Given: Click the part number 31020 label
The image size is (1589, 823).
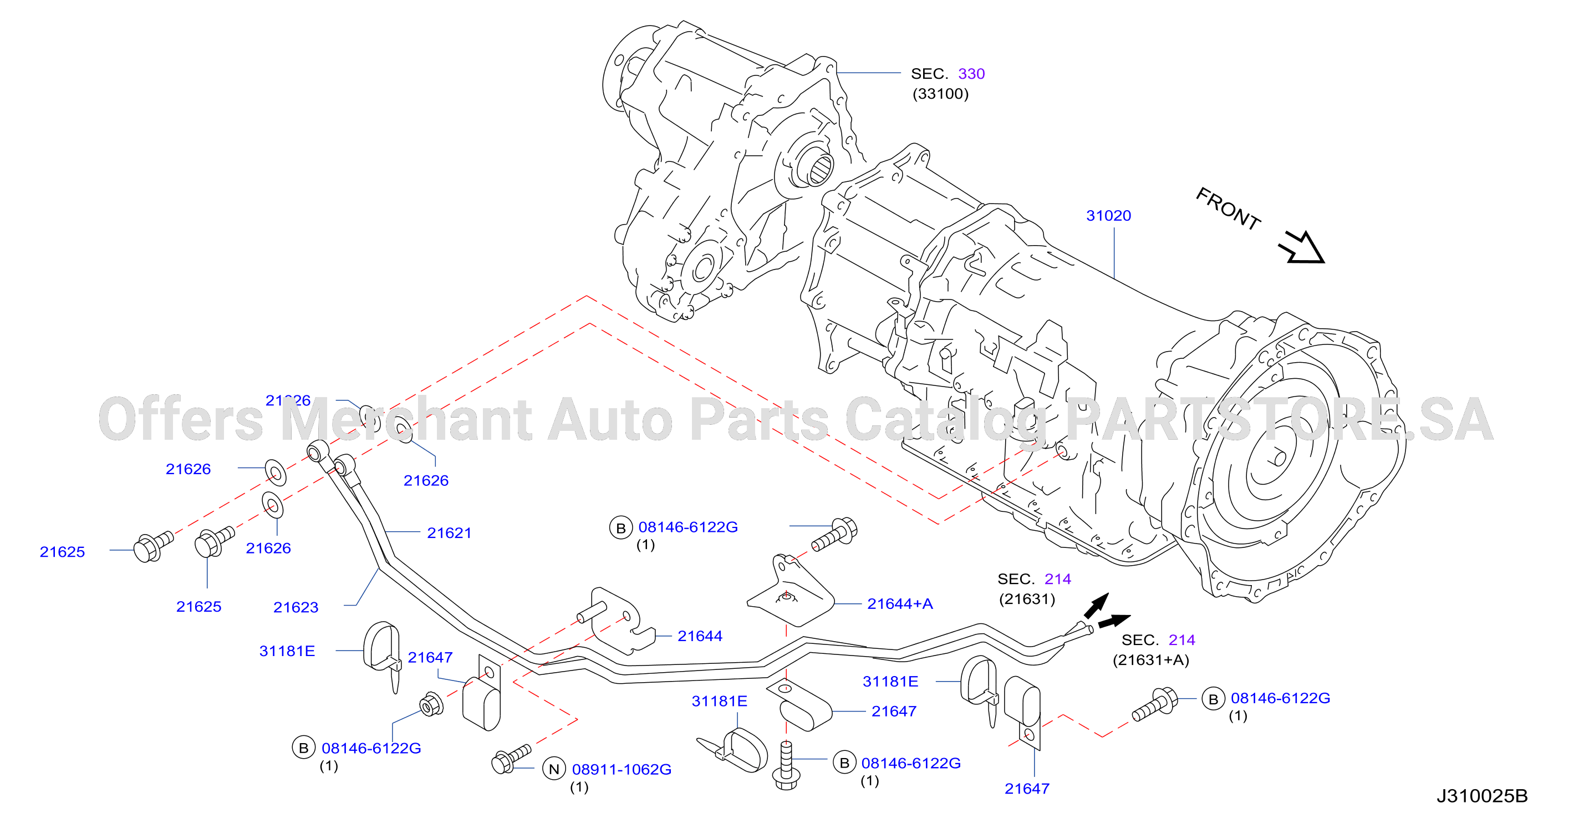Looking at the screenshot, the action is click(x=1108, y=216).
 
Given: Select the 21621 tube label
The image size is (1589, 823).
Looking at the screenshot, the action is click(x=449, y=533).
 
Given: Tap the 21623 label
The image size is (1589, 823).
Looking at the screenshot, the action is click(x=296, y=607).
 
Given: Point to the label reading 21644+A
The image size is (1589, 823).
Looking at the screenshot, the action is click(x=900, y=604).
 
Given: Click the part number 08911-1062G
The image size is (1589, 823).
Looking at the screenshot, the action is click(x=622, y=769).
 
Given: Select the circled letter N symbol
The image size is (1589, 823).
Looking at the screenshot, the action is click(x=554, y=769).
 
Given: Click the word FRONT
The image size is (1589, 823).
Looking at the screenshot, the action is click(x=1228, y=209).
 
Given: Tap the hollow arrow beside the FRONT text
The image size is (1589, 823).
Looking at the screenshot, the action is click(x=1302, y=248).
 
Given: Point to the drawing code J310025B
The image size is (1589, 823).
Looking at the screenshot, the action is click(x=1483, y=796).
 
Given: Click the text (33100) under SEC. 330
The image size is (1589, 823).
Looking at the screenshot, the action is click(x=941, y=94).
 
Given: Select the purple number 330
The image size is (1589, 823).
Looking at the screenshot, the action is click(x=971, y=74).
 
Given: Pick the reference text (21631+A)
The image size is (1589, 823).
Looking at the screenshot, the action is click(x=1151, y=660).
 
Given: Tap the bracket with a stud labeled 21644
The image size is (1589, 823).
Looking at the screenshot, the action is click(x=617, y=620).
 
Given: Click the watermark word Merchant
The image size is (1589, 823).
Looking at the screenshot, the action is click(x=407, y=419).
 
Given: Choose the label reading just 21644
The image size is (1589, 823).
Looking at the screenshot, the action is click(x=700, y=636).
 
